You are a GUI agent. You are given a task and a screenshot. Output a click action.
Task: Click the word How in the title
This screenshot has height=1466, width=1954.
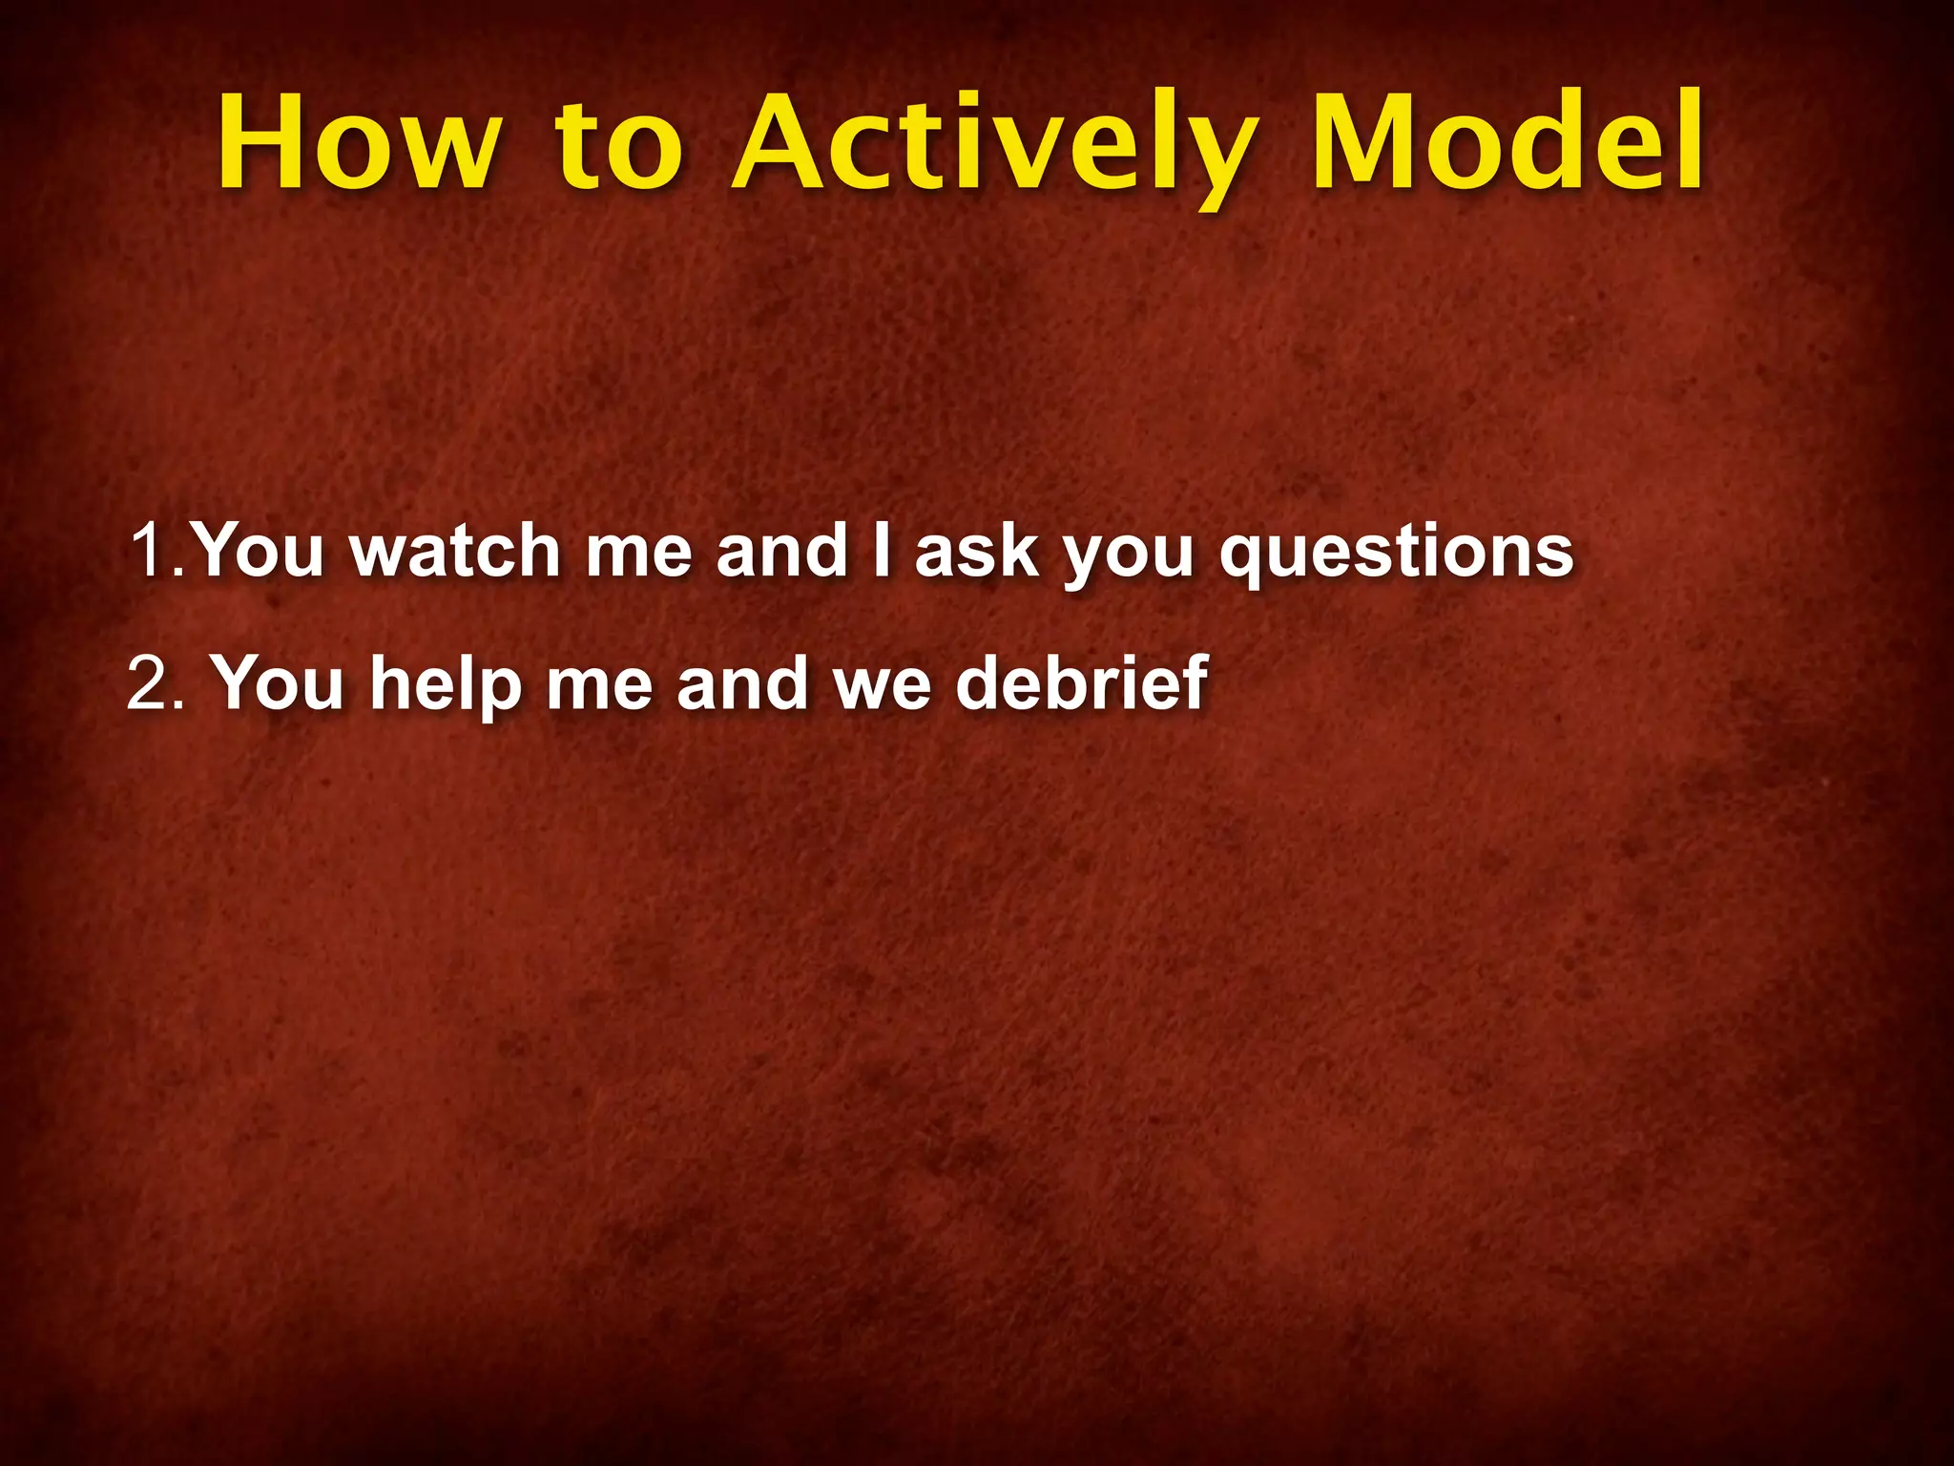tap(358, 143)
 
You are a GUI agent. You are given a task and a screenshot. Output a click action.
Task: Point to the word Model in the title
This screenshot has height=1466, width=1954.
tap(1507, 143)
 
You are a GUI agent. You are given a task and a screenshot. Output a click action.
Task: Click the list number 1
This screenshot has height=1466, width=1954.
tap(153, 552)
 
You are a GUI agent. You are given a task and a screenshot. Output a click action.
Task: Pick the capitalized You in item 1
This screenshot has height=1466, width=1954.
tap(259, 552)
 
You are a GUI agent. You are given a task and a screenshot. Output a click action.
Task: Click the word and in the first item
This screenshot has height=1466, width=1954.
tap(782, 552)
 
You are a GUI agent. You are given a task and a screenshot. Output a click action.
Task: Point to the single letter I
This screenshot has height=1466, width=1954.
tap(883, 552)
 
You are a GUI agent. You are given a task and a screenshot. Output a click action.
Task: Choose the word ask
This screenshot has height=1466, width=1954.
tap(975, 552)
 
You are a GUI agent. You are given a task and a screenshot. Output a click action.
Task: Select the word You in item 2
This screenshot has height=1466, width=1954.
tap(277, 683)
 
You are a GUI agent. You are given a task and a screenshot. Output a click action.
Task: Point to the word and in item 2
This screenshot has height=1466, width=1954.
tap(742, 683)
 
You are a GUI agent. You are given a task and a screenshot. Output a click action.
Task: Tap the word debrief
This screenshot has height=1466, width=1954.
tap(1082, 683)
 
